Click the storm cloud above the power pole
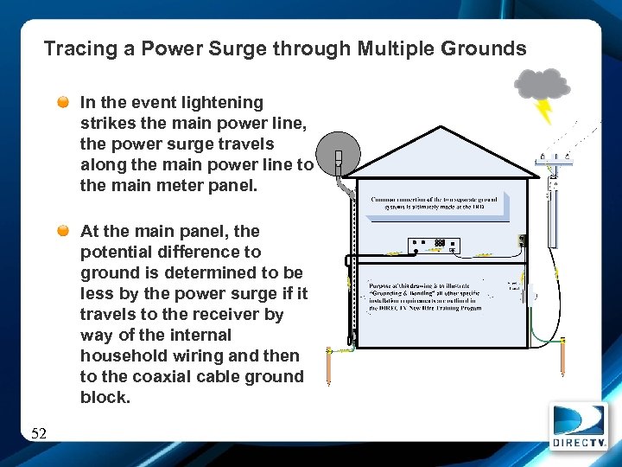tap(543, 85)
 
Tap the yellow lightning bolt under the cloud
tap(544, 111)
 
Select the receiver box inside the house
tap(435, 245)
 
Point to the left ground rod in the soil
tap(329, 367)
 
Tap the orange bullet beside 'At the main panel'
tap(64, 231)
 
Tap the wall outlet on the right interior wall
tap(522, 241)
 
